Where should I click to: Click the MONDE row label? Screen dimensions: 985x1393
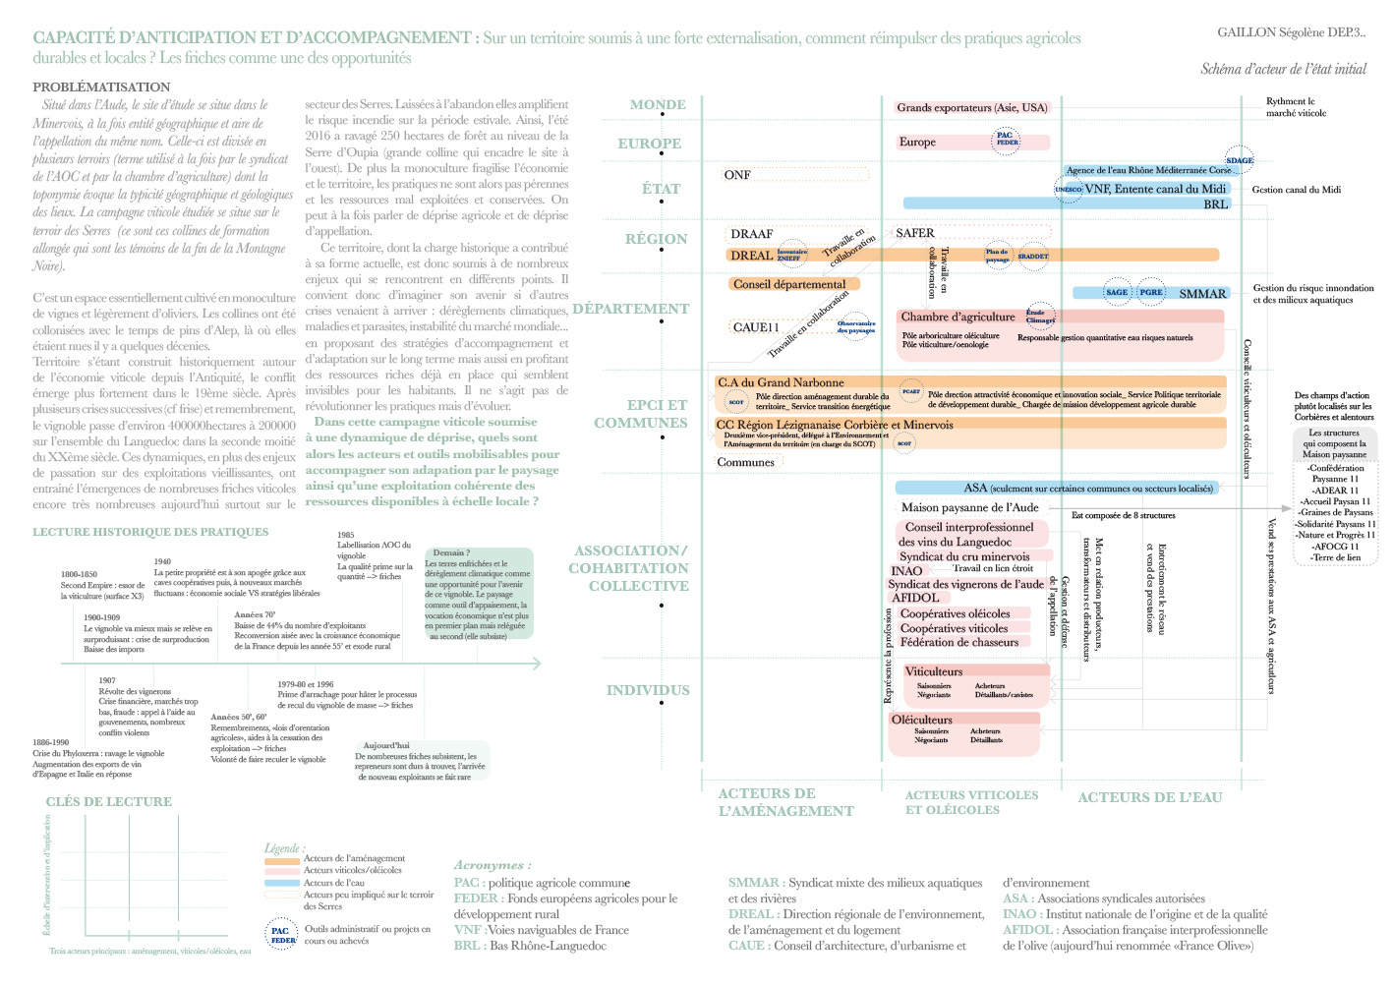click(x=658, y=105)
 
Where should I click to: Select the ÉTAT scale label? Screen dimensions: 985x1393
click(x=661, y=190)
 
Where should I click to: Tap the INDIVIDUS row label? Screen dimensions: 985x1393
click(x=648, y=690)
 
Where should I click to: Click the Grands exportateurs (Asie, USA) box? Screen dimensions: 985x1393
click(x=972, y=108)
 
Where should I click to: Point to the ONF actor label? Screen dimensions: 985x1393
click(x=737, y=175)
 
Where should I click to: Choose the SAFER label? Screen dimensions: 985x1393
click(x=915, y=233)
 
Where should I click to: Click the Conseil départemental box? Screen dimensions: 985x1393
click(x=789, y=284)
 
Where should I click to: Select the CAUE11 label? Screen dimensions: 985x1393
click(x=756, y=327)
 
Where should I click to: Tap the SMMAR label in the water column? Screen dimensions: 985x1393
click(x=1202, y=294)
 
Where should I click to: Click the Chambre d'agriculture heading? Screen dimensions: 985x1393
click(x=958, y=317)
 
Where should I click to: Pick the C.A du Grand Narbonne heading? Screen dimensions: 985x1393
click(x=781, y=382)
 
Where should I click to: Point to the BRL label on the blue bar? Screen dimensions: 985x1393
click(x=1215, y=204)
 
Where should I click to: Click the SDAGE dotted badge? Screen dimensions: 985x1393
click(x=1240, y=160)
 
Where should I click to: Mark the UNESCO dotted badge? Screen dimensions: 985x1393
click(x=1068, y=189)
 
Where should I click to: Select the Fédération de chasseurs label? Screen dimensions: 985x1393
click(x=959, y=642)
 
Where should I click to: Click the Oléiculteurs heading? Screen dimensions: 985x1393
click(x=921, y=720)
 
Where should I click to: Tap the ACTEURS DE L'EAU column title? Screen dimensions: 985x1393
click(x=1149, y=797)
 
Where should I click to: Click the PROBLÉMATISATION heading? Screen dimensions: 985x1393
click(x=101, y=87)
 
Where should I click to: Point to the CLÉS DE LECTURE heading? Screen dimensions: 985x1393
click(x=108, y=802)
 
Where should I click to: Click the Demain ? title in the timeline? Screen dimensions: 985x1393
click(x=451, y=552)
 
